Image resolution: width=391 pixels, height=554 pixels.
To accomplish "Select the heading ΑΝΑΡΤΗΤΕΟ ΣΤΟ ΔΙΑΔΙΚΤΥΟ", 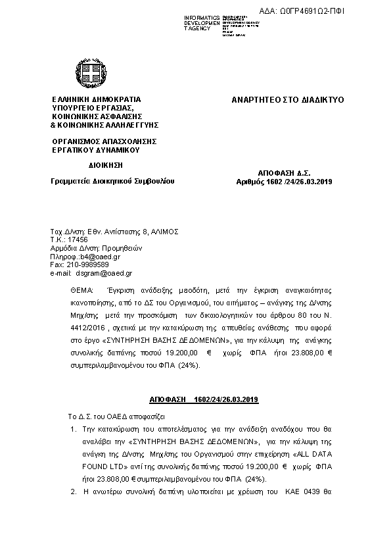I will pyautogui.click(x=287, y=100).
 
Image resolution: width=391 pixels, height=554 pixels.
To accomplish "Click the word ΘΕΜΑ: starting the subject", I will pyautogui.click(x=82, y=290).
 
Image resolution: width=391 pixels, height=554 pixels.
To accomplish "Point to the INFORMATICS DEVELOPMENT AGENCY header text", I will pyautogui.click(x=201, y=24).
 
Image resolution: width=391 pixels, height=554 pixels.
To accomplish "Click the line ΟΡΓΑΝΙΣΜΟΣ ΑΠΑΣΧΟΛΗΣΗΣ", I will pyautogui.click(x=103, y=141).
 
